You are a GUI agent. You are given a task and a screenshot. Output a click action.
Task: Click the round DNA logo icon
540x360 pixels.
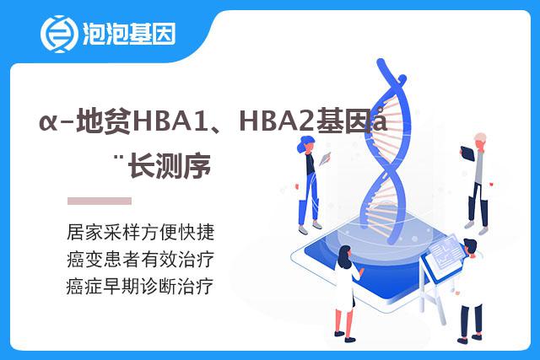click(58, 34)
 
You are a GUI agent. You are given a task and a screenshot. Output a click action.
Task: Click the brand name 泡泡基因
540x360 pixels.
click(129, 34)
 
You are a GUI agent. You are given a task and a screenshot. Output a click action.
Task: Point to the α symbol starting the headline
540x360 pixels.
click(49, 122)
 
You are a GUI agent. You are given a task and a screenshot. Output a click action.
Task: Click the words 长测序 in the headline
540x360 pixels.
click(169, 165)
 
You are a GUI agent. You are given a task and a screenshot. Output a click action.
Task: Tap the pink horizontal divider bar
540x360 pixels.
click(100, 201)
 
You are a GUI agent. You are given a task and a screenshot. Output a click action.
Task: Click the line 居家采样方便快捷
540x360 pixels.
click(141, 232)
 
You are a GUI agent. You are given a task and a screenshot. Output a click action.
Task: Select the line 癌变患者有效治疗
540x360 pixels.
click(141, 259)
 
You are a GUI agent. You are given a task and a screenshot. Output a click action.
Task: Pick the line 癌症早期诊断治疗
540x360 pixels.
click(140, 287)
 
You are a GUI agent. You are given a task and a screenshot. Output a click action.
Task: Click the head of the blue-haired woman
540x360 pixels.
click(305, 144)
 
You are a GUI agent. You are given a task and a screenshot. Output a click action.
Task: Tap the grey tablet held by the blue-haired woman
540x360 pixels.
click(325, 159)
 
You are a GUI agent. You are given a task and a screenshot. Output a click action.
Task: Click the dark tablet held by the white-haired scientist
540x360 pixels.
click(467, 153)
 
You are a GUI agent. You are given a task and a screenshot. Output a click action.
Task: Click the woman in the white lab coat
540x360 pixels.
click(347, 293)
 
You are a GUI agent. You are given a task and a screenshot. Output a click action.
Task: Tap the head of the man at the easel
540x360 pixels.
click(470, 247)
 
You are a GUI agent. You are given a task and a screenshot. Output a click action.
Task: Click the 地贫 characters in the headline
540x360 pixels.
click(103, 121)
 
